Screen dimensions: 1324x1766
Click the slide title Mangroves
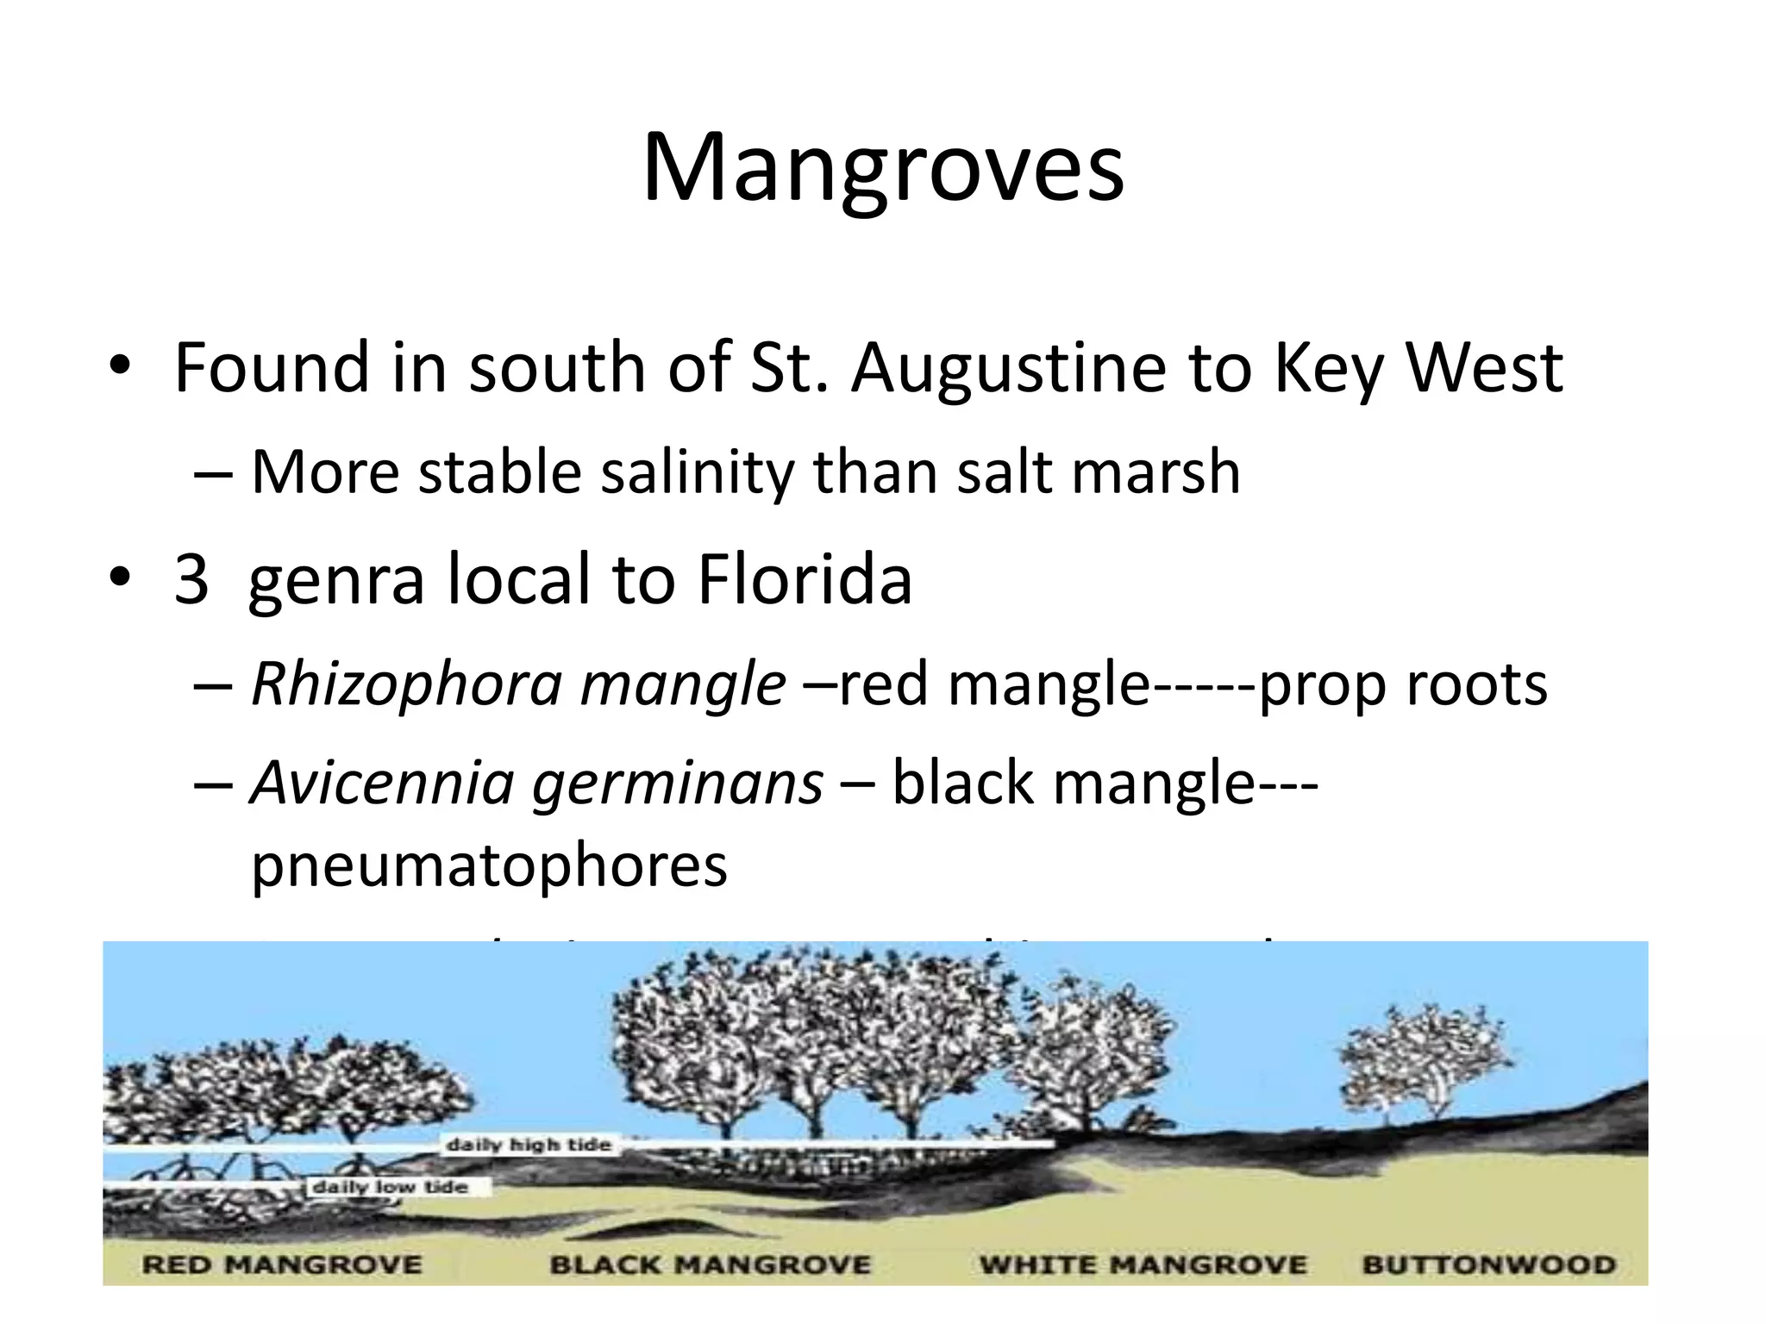pos(883,168)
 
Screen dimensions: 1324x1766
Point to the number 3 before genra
pos(191,579)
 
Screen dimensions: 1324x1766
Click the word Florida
pos(805,579)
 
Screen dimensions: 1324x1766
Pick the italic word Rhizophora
pos(405,685)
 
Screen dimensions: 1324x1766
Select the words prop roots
pos(1403,685)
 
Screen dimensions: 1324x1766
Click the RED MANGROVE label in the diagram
pos(282,1265)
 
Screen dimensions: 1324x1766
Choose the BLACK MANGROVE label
pos(711,1265)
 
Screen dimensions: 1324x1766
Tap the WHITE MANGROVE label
pos(1143,1265)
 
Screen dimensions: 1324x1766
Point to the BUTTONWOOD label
pos(1489,1265)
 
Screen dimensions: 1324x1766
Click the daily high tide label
pos(529,1146)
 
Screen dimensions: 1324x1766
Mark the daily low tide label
pos(390,1188)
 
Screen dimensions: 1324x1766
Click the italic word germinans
pos(678,784)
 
